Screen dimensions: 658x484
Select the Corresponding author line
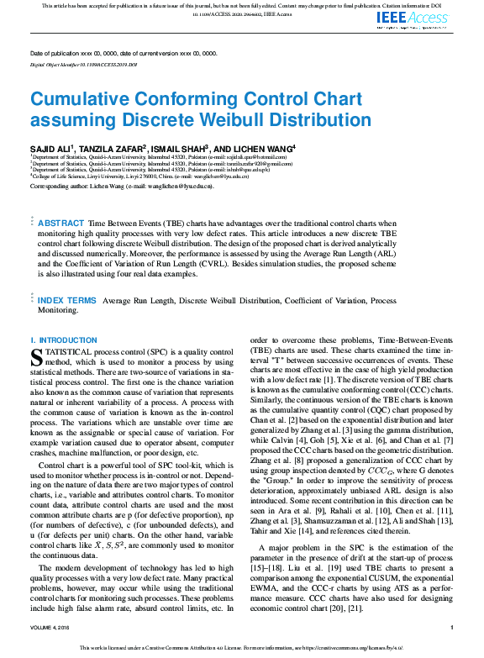coord(121,185)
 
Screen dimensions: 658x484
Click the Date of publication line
coord(124,53)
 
